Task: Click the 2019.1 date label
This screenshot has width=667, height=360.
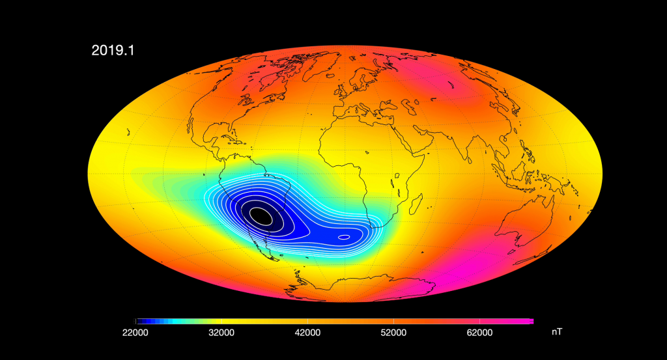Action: (113, 50)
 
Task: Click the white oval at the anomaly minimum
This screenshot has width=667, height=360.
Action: (261, 215)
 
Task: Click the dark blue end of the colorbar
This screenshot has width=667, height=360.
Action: (139, 321)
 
